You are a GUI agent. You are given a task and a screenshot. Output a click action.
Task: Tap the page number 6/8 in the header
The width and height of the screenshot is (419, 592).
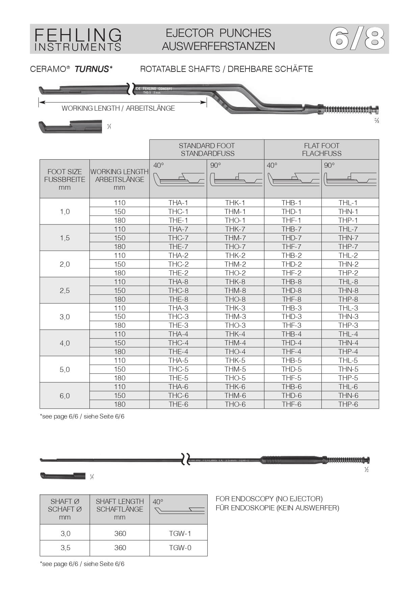(x=357, y=38)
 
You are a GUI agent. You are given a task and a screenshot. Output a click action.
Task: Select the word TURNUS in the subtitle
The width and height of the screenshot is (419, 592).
(x=91, y=69)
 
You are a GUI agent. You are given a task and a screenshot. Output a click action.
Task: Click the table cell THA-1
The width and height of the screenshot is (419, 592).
(x=178, y=203)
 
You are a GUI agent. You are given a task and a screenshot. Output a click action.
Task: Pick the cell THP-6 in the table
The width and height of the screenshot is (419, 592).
(x=348, y=404)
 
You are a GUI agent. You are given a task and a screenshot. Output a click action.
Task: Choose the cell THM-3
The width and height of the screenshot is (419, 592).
(x=235, y=317)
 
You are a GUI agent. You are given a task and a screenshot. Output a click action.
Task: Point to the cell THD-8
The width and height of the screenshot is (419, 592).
(x=292, y=291)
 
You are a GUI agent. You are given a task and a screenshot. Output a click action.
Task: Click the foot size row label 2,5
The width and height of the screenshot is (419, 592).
(x=65, y=291)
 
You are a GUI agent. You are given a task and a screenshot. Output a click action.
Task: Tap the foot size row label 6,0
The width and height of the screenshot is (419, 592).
(x=65, y=396)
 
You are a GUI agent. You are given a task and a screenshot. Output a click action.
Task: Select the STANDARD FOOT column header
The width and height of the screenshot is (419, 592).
(x=207, y=150)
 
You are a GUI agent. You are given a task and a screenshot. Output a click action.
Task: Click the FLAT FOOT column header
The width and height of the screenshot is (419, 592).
(x=321, y=150)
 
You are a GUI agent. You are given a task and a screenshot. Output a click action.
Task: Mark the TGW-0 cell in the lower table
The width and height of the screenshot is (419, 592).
(x=180, y=548)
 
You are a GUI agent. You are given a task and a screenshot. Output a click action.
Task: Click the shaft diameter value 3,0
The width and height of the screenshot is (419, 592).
(x=65, y=534)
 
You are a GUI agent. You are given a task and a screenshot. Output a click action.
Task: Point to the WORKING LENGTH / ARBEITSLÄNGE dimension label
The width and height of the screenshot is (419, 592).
(x=118, y=108)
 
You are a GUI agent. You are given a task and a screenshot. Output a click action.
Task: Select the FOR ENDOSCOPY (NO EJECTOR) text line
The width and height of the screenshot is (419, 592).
(x=269, y=499)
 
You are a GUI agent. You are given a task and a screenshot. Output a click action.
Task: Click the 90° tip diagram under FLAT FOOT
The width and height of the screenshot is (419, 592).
(x=350, y=179)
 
